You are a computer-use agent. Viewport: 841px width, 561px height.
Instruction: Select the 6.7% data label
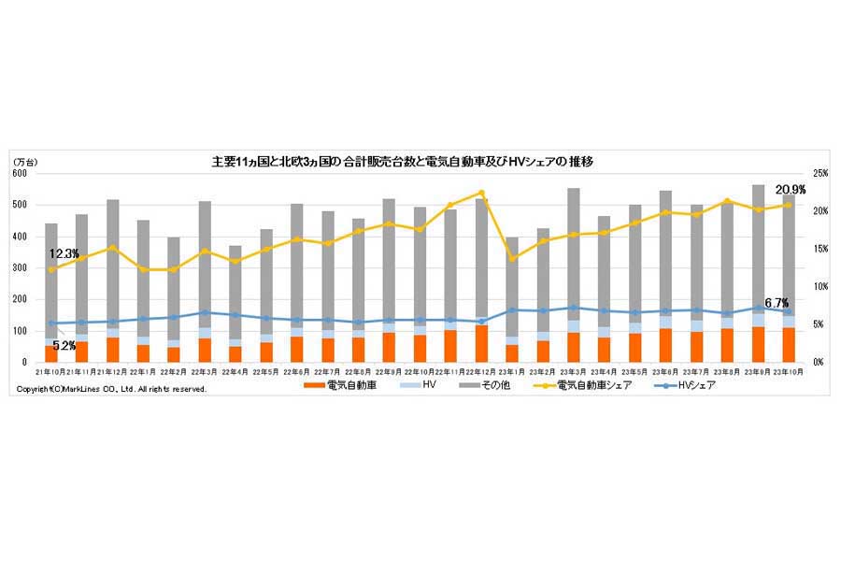tap(776, 303)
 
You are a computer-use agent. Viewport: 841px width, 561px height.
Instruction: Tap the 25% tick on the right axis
tap(820, 174)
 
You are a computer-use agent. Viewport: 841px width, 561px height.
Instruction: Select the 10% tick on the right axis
tap(820, 287)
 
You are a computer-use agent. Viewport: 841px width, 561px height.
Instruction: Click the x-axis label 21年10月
tap(51, 371)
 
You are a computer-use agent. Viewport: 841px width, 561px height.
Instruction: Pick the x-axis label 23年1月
tap(512, 371)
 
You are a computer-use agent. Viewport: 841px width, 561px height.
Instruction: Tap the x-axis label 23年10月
tap(788, 371)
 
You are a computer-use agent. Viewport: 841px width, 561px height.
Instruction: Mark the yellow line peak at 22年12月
tap(481, 193)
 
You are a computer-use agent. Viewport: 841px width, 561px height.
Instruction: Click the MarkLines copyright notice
tap(112, 388)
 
